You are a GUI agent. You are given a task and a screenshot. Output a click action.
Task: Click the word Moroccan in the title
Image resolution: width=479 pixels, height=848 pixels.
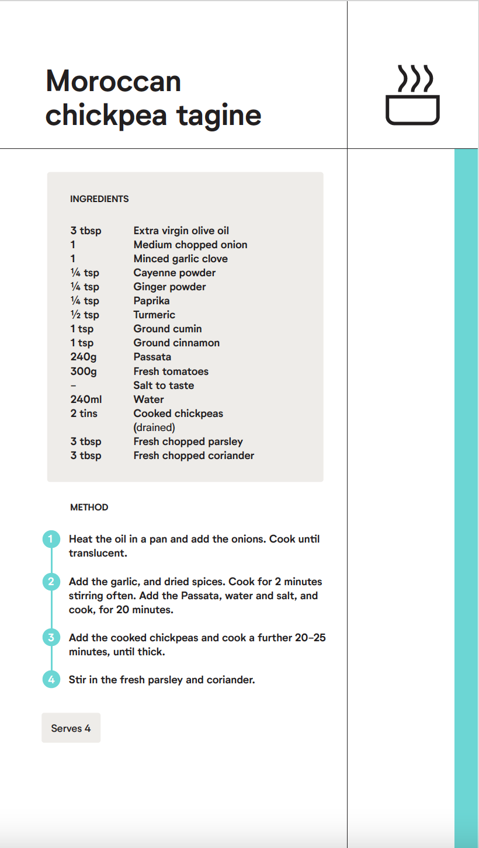[x=113, y=81]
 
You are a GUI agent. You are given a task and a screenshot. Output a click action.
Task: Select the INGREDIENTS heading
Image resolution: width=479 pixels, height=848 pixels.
[x=99, y=199]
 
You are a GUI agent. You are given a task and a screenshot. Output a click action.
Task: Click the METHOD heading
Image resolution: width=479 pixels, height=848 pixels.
[x=89, y=508]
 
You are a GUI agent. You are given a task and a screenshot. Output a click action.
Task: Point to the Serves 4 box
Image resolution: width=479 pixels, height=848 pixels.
[x=71, y=728]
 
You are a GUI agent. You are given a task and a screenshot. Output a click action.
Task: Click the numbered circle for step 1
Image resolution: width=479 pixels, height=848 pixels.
[x=51, y=539]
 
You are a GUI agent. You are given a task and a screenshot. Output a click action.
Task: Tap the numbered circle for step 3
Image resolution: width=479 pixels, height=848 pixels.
[x=51, y=638]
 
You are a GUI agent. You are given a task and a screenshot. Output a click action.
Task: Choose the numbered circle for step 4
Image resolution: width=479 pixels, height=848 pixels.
[x=51, y=680]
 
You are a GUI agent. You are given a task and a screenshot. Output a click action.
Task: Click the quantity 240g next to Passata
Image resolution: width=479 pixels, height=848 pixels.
[x=84, y=357]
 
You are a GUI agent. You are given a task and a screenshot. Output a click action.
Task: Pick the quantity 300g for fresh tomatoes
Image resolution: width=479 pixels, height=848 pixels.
[x=84, y=371]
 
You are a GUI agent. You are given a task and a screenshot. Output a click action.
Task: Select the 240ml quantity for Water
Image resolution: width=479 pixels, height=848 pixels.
[x=86, y=399]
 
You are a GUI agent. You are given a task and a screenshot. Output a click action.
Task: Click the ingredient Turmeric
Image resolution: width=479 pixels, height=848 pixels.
[x=154, y=315]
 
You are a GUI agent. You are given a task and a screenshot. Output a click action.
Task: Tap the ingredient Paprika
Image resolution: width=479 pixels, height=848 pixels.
[x=151, y=301]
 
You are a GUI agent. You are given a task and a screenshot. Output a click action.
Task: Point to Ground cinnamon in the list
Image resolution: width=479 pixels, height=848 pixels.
[x=176, y=343]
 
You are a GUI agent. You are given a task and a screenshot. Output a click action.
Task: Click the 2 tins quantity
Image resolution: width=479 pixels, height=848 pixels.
[x=84, y=413]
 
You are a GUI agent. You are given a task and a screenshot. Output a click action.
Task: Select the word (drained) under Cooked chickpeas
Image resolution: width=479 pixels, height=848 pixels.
[x=154, y=428]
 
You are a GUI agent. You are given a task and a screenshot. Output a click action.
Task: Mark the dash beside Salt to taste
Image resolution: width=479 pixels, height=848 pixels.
[x=73, y=385]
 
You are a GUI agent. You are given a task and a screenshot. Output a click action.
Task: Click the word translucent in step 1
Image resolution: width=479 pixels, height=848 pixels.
[x=98, y=553]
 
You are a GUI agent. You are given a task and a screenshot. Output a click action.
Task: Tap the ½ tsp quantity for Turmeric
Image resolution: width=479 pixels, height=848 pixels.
[x=85, y=315]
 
